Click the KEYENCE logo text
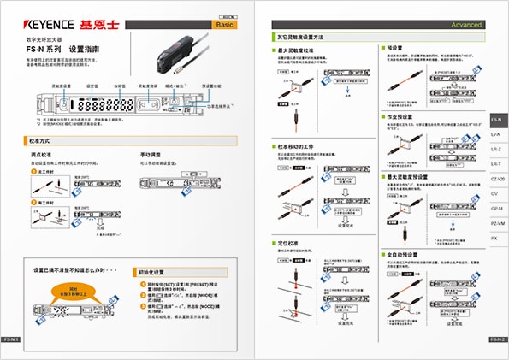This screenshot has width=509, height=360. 50,25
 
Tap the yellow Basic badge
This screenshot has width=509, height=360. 224,26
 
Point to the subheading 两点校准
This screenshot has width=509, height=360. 40,154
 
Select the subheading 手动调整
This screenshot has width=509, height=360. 150,154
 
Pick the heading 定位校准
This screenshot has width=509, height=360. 293,243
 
